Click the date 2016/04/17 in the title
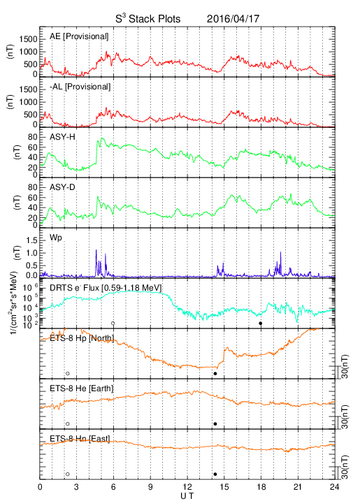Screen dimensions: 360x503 (x=233, y=19)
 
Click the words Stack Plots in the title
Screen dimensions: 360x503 (x=154, y=19)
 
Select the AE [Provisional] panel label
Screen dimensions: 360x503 (x=79, y=36)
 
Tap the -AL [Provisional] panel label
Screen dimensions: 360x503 (x=80, y=87)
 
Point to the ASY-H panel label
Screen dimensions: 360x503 (x=62, y=137)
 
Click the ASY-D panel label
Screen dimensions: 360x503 (x=62, y=187)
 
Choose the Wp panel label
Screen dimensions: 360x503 (x=55, y=238)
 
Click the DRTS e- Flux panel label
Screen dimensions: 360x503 (x=106, y=288)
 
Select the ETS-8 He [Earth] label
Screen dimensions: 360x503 (x=82, y=388)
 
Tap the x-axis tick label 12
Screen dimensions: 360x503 (x=187, y=487)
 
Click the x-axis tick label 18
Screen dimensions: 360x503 (x=261, y=487)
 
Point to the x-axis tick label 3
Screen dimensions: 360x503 (x=76, y=487)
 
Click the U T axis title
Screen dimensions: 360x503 (x=187, y=496)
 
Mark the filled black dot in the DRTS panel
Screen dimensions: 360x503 (x=261, y=323)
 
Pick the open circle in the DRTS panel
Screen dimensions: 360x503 (x=113, y=323)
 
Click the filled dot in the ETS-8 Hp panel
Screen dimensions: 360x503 (x=215, y=374)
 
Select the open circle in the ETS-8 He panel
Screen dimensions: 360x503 (x=68, y=424)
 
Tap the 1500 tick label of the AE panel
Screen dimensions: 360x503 (x=28, y=39)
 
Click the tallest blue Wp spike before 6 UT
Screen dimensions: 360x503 (x=96, y=250)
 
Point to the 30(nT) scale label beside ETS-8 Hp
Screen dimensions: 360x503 (x=345, y=367)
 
